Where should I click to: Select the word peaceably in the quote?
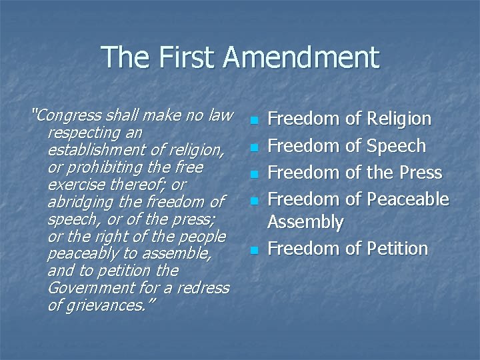[78, 253]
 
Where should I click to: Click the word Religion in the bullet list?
[398, 119]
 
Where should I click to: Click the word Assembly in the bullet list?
[305, 222]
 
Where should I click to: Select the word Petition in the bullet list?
[397, 249]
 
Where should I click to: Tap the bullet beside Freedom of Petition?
[253, 251]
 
